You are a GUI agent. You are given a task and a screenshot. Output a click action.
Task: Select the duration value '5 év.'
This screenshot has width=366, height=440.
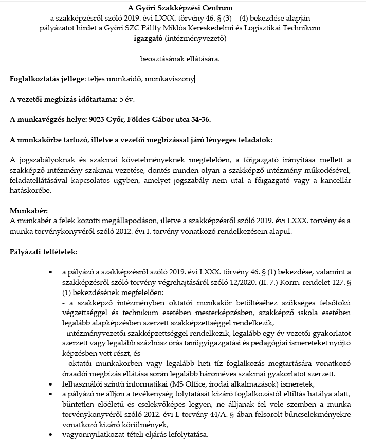126,99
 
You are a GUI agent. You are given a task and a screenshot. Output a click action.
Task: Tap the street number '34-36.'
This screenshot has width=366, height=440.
199,120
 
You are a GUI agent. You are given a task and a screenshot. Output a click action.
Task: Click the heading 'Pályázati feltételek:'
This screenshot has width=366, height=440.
44,252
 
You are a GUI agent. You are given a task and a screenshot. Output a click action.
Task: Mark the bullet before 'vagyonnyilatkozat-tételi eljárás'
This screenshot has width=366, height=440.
49,433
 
